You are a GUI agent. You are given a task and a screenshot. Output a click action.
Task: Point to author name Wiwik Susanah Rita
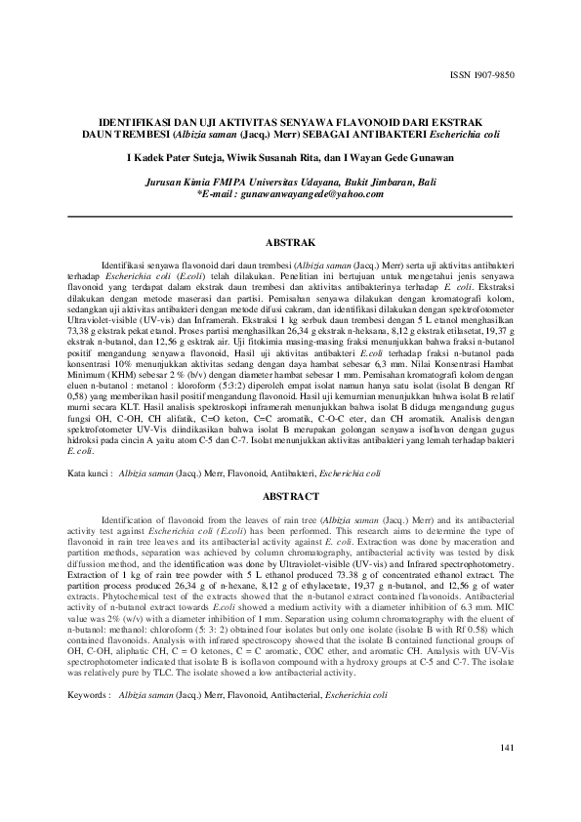click(282, 159)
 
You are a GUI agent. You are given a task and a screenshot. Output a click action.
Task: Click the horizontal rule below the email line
click(290, 216)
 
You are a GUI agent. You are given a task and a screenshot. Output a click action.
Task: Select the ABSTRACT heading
click(290, 497)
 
